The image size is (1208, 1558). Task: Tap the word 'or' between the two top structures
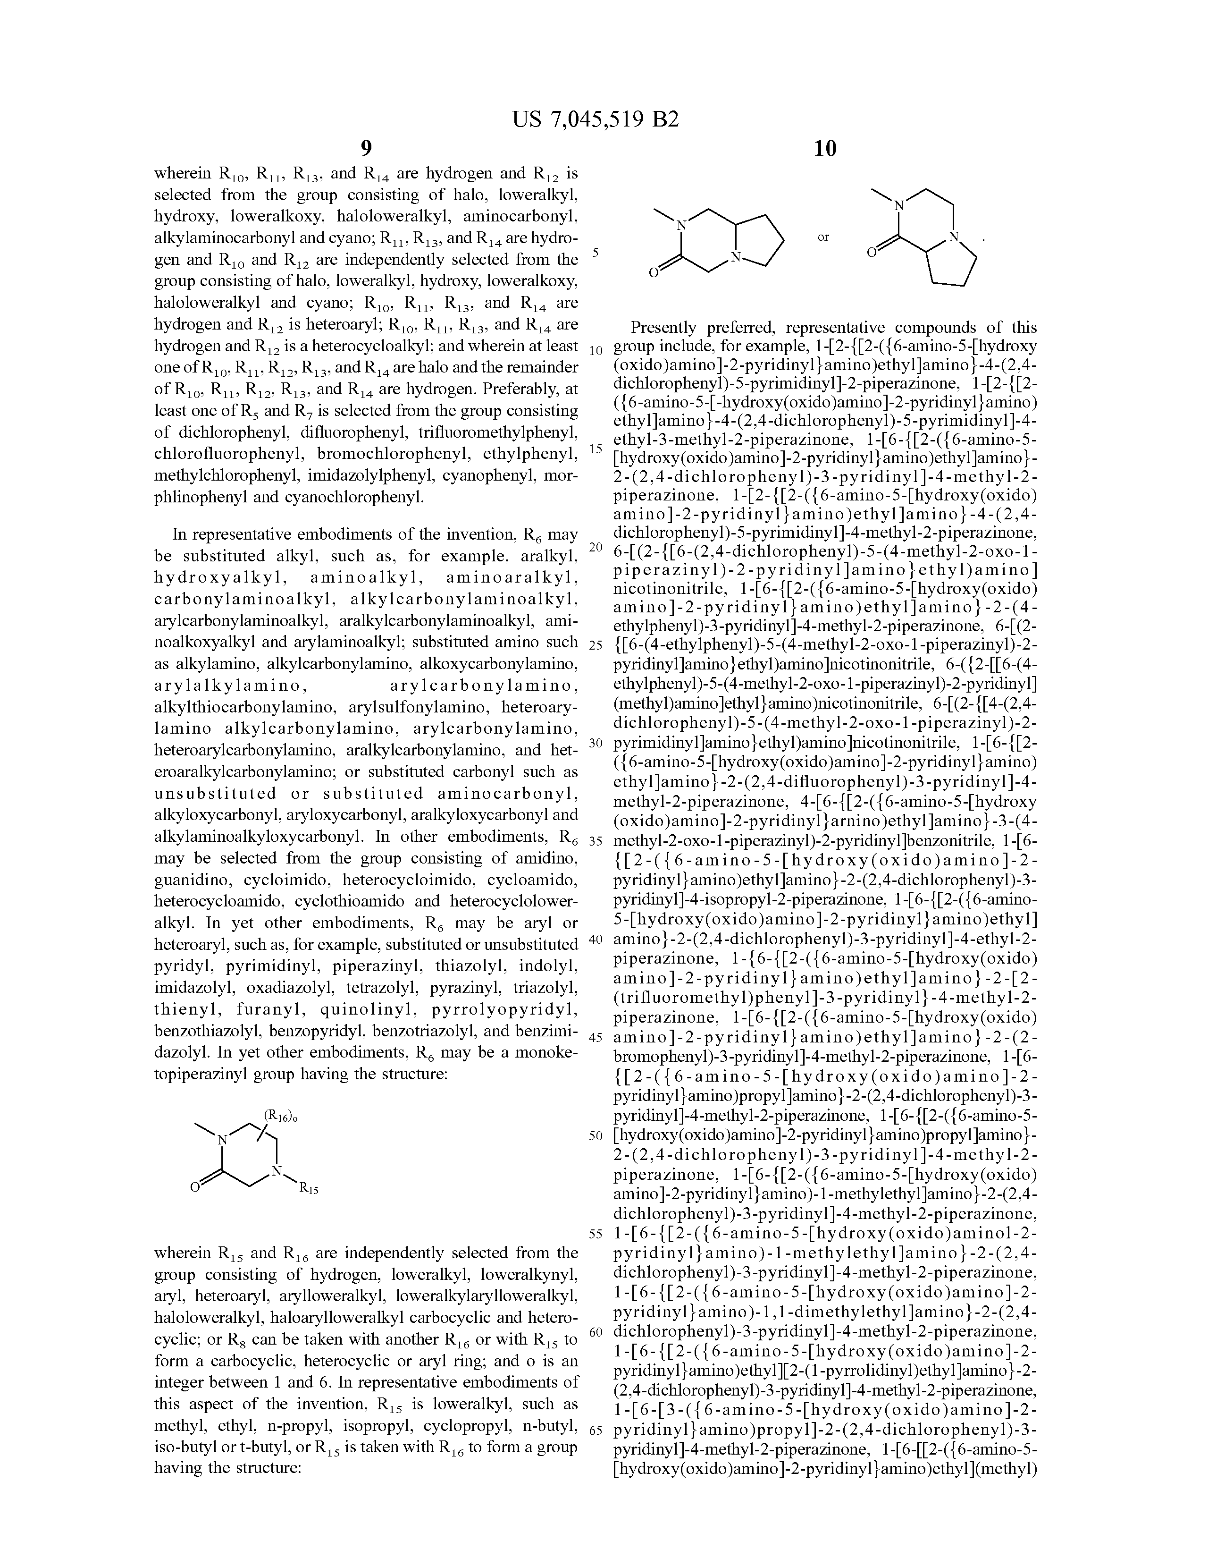tap(823, 237)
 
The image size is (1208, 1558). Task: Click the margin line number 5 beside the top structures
tap(596, 253)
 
